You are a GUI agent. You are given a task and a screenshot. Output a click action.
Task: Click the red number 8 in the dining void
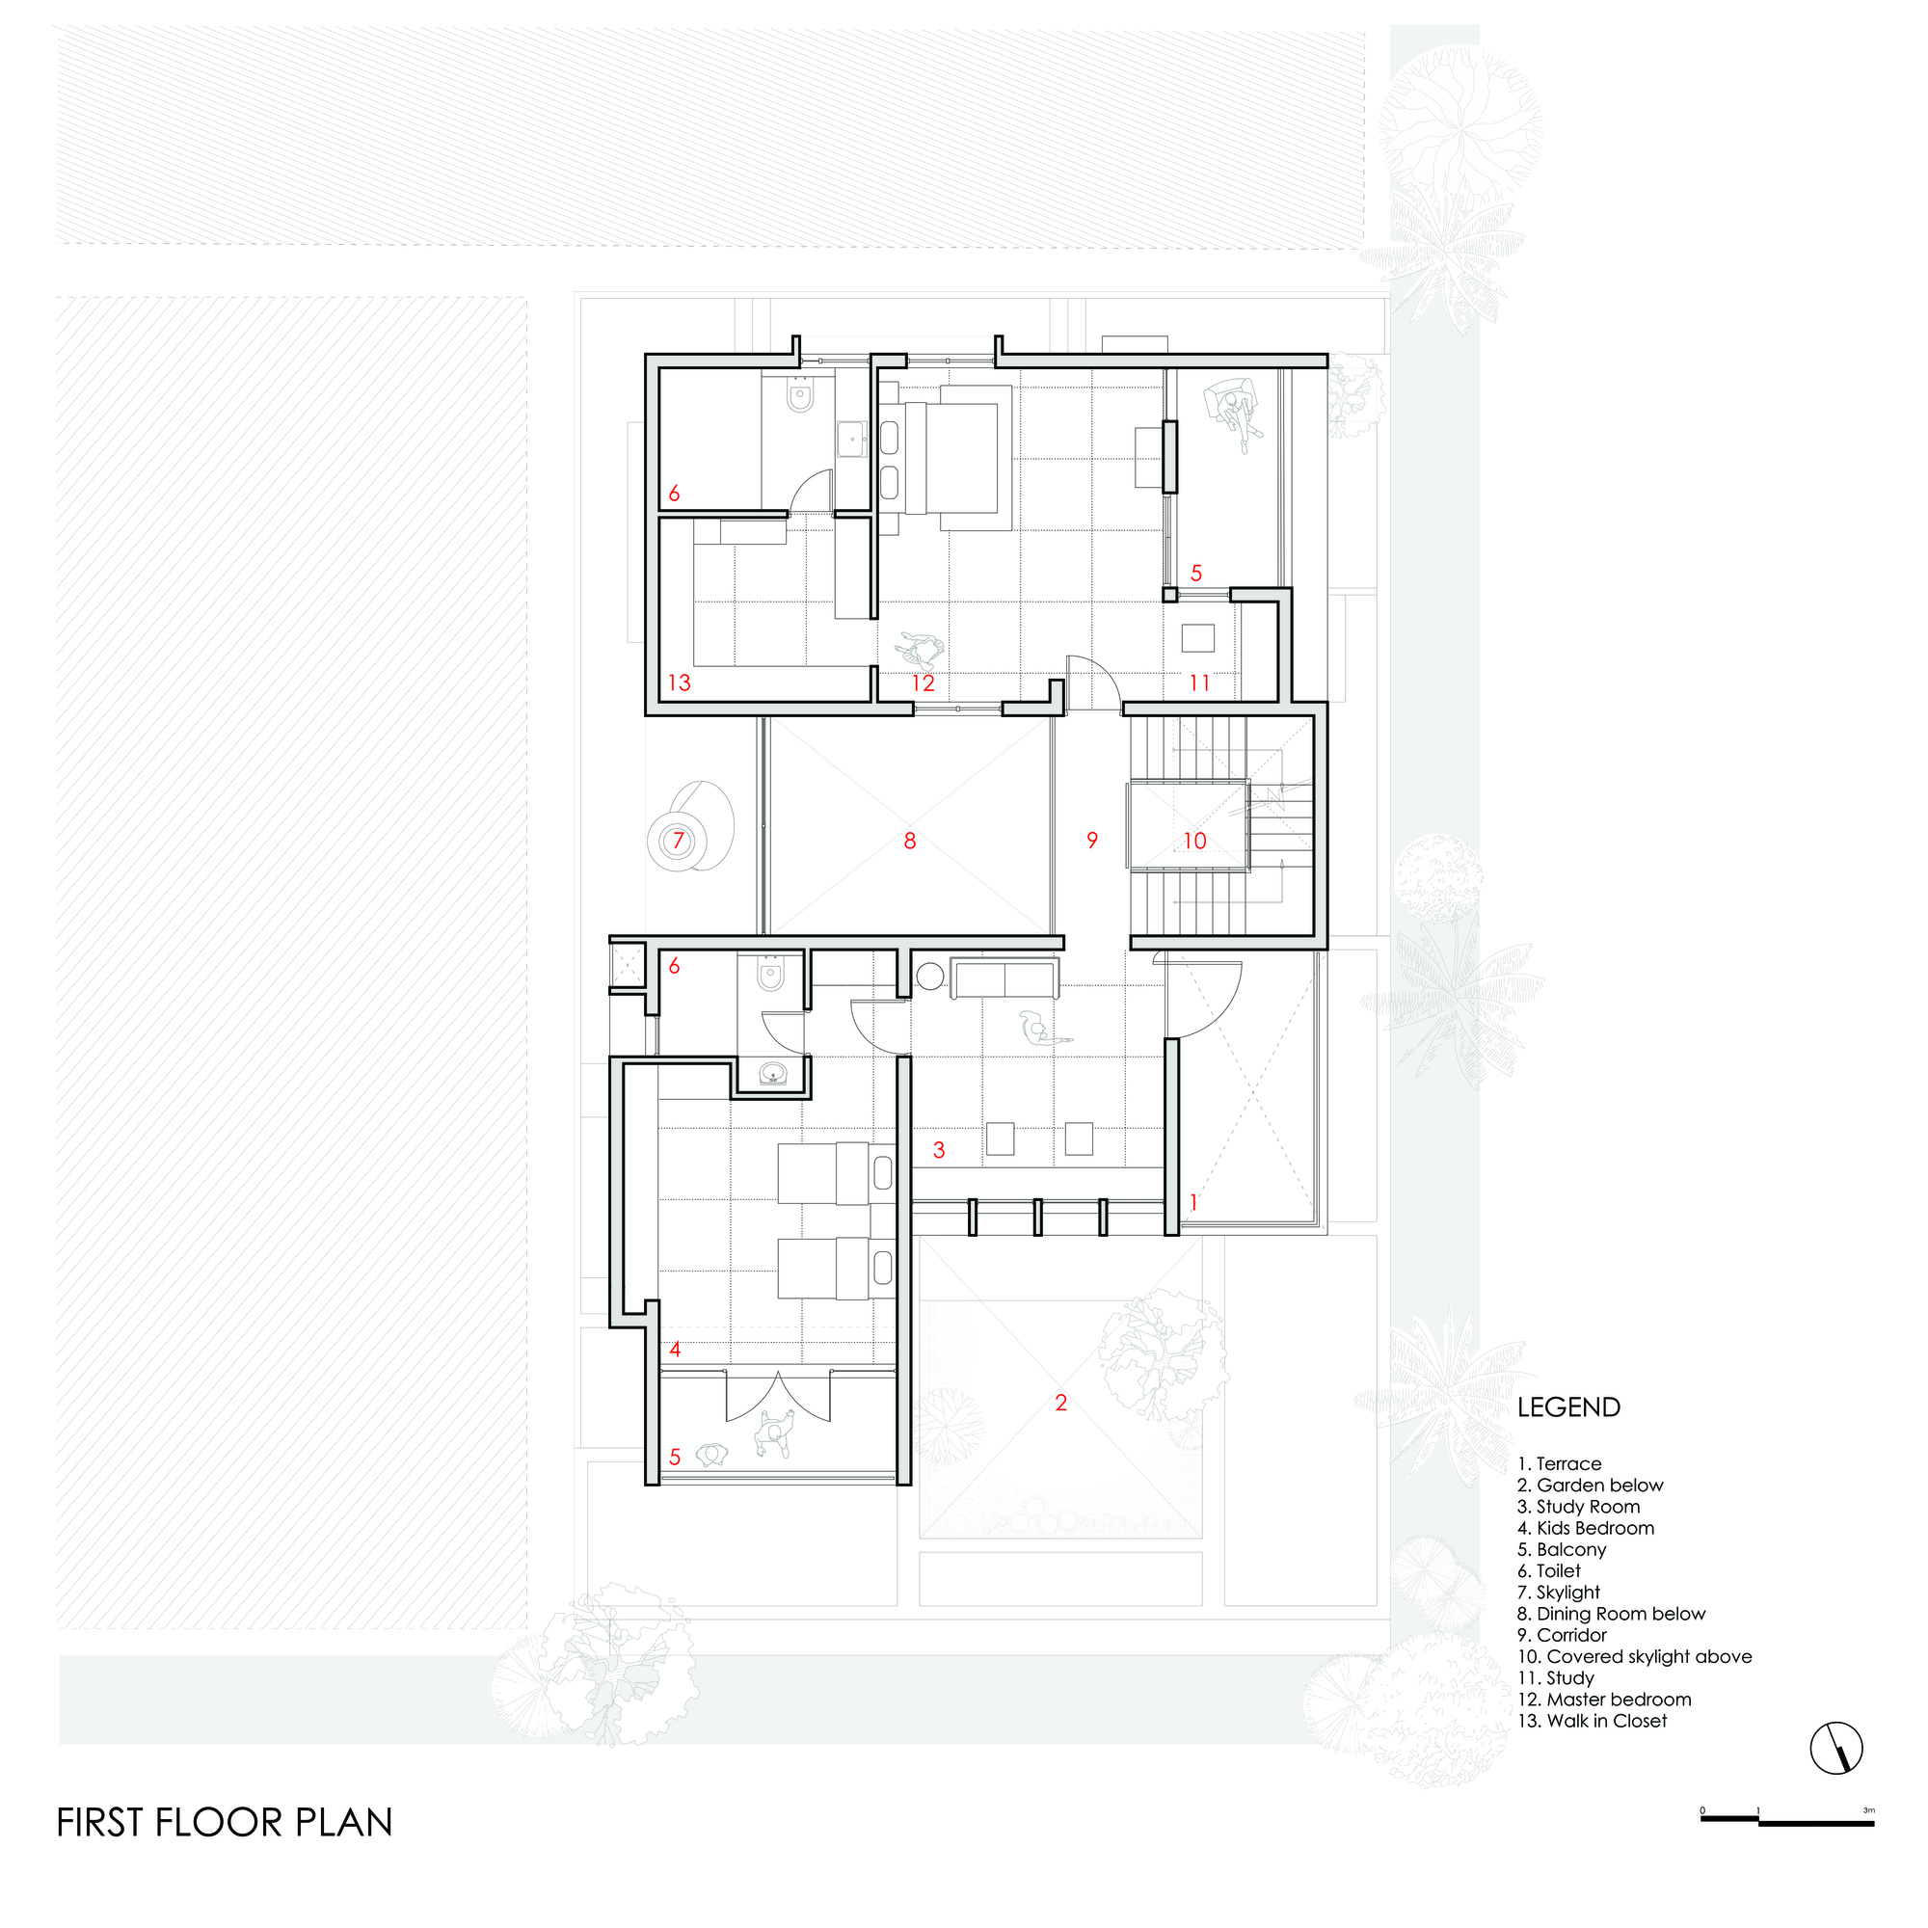pos(909,842)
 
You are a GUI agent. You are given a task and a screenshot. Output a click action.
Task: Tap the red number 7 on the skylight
pos(679,841)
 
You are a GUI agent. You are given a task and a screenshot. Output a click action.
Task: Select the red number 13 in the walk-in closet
pos(679,683)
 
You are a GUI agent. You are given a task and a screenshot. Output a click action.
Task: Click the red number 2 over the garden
pos(1060,1402)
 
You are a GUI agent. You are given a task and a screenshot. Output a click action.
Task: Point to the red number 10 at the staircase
pos(1194,842)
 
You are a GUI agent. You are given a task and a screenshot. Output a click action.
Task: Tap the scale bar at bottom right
pos(1786,1821)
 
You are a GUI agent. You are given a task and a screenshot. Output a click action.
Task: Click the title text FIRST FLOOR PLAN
pos(225,1822)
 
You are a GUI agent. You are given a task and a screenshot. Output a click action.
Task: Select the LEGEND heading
pos(1567,1407)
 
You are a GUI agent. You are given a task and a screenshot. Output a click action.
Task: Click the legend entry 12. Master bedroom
pos(1604,1699)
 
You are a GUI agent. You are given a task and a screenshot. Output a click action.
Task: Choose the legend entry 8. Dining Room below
pos(1611,1614)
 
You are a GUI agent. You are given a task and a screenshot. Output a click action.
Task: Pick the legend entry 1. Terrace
pos(1559,1464)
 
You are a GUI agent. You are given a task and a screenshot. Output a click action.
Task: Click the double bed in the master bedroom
pos(958,458)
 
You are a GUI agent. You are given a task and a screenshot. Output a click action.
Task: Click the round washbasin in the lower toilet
pos(772,1075)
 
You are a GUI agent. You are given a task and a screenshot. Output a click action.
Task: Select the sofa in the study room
pos(1004,977)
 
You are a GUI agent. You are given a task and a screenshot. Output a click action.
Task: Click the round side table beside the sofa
pos(929,976)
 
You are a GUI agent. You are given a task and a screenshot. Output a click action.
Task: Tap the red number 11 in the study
pos(1198,683)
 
